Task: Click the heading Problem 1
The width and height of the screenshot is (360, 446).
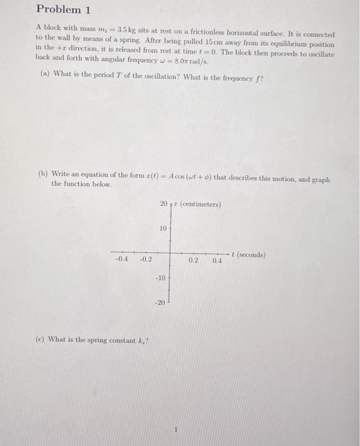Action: click(59, 10)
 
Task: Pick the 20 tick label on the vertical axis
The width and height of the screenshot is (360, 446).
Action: click(164, 204)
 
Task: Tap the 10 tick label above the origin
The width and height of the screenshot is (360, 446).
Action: click(162, 228)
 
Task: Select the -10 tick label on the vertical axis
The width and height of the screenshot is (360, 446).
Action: click(161, 278)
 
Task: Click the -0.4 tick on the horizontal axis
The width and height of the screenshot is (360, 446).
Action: click(122, 259)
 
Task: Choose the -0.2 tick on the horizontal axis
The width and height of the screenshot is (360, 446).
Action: click(145, 259)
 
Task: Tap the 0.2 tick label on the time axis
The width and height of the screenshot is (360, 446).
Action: click(193, 260)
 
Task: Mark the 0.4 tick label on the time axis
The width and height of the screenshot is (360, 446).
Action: click(217, 260)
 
